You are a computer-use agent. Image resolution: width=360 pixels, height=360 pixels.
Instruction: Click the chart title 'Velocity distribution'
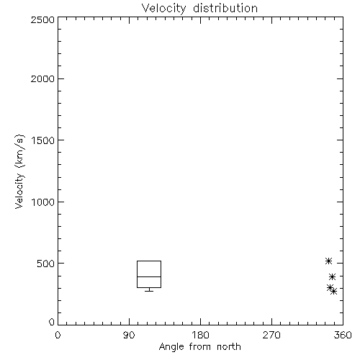click(199, 8)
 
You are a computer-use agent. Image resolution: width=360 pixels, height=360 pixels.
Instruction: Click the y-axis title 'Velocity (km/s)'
click(19, 171)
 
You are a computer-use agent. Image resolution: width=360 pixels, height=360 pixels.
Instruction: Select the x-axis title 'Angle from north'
click(199, 347)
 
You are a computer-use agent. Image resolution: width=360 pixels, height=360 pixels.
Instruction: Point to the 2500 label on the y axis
click(42, 19)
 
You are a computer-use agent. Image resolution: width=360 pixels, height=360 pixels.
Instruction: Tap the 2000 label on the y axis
click(42, 78)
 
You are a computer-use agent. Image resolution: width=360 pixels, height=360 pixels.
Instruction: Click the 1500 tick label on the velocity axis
click(43, 140)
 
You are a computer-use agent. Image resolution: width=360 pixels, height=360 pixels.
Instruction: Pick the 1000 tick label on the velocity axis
click(43, 202)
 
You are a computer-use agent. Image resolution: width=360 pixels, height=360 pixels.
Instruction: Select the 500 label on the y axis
click(46, 264)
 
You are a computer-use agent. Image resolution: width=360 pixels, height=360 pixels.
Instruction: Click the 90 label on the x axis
click(129, 335)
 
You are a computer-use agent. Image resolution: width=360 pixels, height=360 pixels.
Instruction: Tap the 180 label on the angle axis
click(200, 335)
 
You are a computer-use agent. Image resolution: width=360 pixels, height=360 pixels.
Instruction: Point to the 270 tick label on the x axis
click(271, 335)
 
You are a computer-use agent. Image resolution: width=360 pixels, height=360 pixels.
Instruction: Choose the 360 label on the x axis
click(343, 335)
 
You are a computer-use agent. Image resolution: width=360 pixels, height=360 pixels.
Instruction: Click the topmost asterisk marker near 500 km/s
click(328, 261)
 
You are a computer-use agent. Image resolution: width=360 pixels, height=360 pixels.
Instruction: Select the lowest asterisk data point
click(333, 292)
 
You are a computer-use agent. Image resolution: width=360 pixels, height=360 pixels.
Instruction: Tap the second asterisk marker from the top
click(332, 277)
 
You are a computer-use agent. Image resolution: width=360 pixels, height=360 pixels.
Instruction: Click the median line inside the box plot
click(149, 276)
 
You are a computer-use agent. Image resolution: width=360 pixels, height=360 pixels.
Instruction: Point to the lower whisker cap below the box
click(149, 291)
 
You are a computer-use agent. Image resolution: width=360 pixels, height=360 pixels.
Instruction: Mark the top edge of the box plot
click(149, 261)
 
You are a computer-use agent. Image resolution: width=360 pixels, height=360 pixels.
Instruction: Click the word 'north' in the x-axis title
click(229, 347)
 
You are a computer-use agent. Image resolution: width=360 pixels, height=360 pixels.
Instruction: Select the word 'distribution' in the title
click(225, 8)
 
